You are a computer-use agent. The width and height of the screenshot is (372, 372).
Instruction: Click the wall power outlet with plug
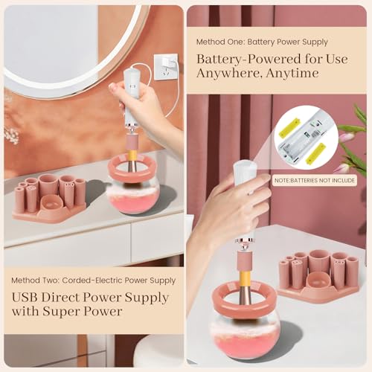pyautogui.click(x=165, y=66)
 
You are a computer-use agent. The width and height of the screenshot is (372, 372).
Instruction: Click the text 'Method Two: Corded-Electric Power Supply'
pyautogui.click(x=93, y=280)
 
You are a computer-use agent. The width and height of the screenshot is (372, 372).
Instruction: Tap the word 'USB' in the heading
pyautogui.click(x=27, y=298)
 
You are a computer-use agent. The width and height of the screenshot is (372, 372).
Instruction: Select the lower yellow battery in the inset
pyautogui.click(x=315, y=155)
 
